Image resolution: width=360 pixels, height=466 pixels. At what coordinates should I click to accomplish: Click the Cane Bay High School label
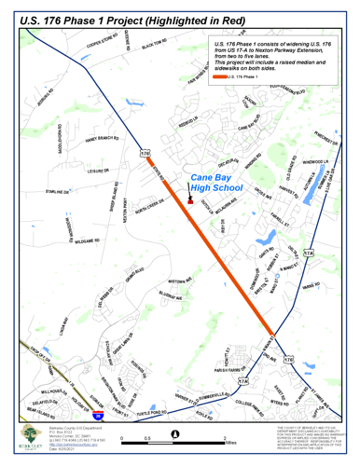pyautogui.click(x=215, y=182)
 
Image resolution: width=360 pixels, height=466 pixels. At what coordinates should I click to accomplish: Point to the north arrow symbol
pyautogui.click(x=175, y=432)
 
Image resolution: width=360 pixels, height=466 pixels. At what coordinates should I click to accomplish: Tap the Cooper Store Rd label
pyautogui.click(x=97, y=46)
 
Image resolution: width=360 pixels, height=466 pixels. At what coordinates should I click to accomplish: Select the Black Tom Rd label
pyautogui.click(x=153, y=43)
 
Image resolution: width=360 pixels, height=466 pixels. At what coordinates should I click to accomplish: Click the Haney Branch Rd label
pyautogui.click(x=102, y=139)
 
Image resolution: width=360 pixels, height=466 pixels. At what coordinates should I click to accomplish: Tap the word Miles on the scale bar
pyautogui.click(x=230, y=442)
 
